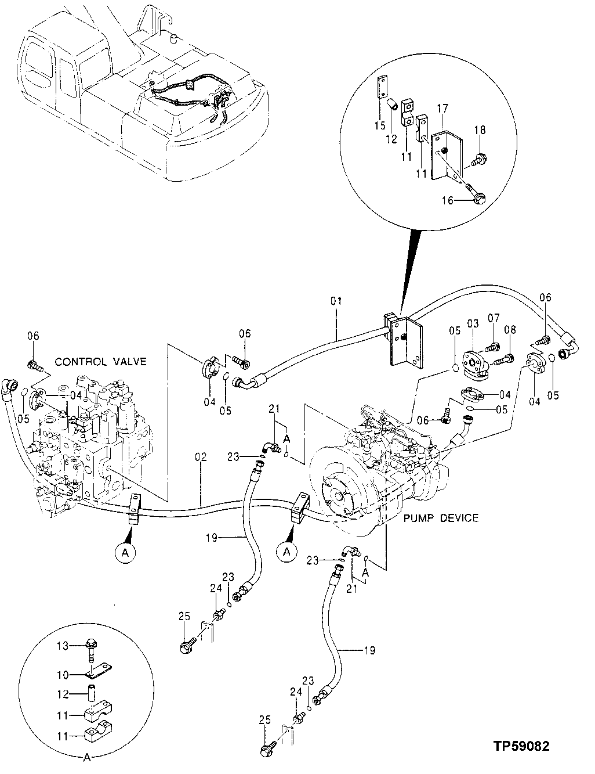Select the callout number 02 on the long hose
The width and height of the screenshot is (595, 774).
tap(201, 458)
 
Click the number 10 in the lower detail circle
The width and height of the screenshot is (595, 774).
tap(62, 675)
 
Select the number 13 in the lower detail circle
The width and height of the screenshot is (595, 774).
tap(62, 646)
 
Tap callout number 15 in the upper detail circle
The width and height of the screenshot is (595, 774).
tap(379, 125)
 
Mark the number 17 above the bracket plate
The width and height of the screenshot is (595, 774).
tap(442, 108)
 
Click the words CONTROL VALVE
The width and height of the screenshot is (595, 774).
tap(100, 362)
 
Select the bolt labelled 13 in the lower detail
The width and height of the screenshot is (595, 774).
tap(92, 648)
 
